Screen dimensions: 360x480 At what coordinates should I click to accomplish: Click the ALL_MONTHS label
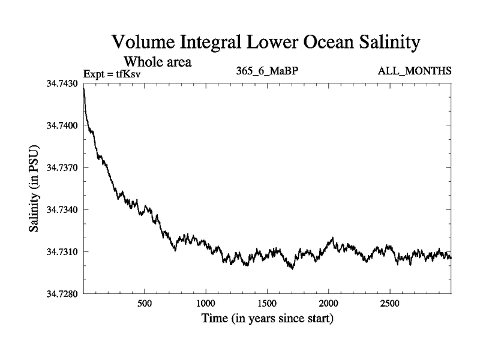coord(414,72)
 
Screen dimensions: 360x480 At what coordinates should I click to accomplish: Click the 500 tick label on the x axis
coord(145,303)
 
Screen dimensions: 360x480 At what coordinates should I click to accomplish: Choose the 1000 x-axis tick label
coord(206,303)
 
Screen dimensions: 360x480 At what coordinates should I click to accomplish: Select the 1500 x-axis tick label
coord(267,303)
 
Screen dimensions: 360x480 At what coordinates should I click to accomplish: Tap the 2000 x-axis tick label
coord(329,303)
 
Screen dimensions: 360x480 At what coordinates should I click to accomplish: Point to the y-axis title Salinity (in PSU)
coord(34,189)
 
